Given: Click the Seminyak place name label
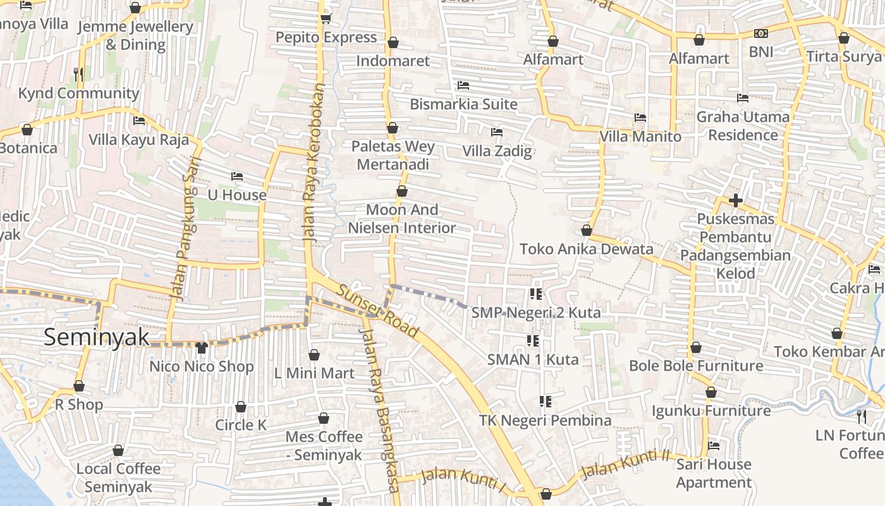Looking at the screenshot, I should (x=96, y=337).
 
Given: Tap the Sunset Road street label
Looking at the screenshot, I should (x=377, y=311).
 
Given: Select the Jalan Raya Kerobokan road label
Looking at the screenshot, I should (x=314, y=163).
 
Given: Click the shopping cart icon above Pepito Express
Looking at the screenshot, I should (x=326, y=18).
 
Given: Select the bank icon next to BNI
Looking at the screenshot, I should (x=761, y=34).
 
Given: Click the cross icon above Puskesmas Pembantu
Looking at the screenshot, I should (x=736, y=201).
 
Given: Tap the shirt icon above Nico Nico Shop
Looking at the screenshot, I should (x=202, y=347).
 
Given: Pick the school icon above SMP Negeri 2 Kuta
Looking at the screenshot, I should (x=536, y=293).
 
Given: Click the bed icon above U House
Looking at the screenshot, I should (x=237, y=176).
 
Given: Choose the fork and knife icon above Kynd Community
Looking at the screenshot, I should (x=78, y=75).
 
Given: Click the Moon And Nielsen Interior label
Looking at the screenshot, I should (x=402, y=219).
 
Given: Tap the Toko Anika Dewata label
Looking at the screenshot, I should (x=586, y=249).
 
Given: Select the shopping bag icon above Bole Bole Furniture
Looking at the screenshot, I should (x=696, y=347).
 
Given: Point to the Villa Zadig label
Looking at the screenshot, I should (x=497, y=151).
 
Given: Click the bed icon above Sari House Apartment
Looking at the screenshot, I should (x=714, y=445).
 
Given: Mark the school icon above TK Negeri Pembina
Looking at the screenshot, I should (x=546, y=401).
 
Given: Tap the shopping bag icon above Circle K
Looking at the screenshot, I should (x=241, y=406).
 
